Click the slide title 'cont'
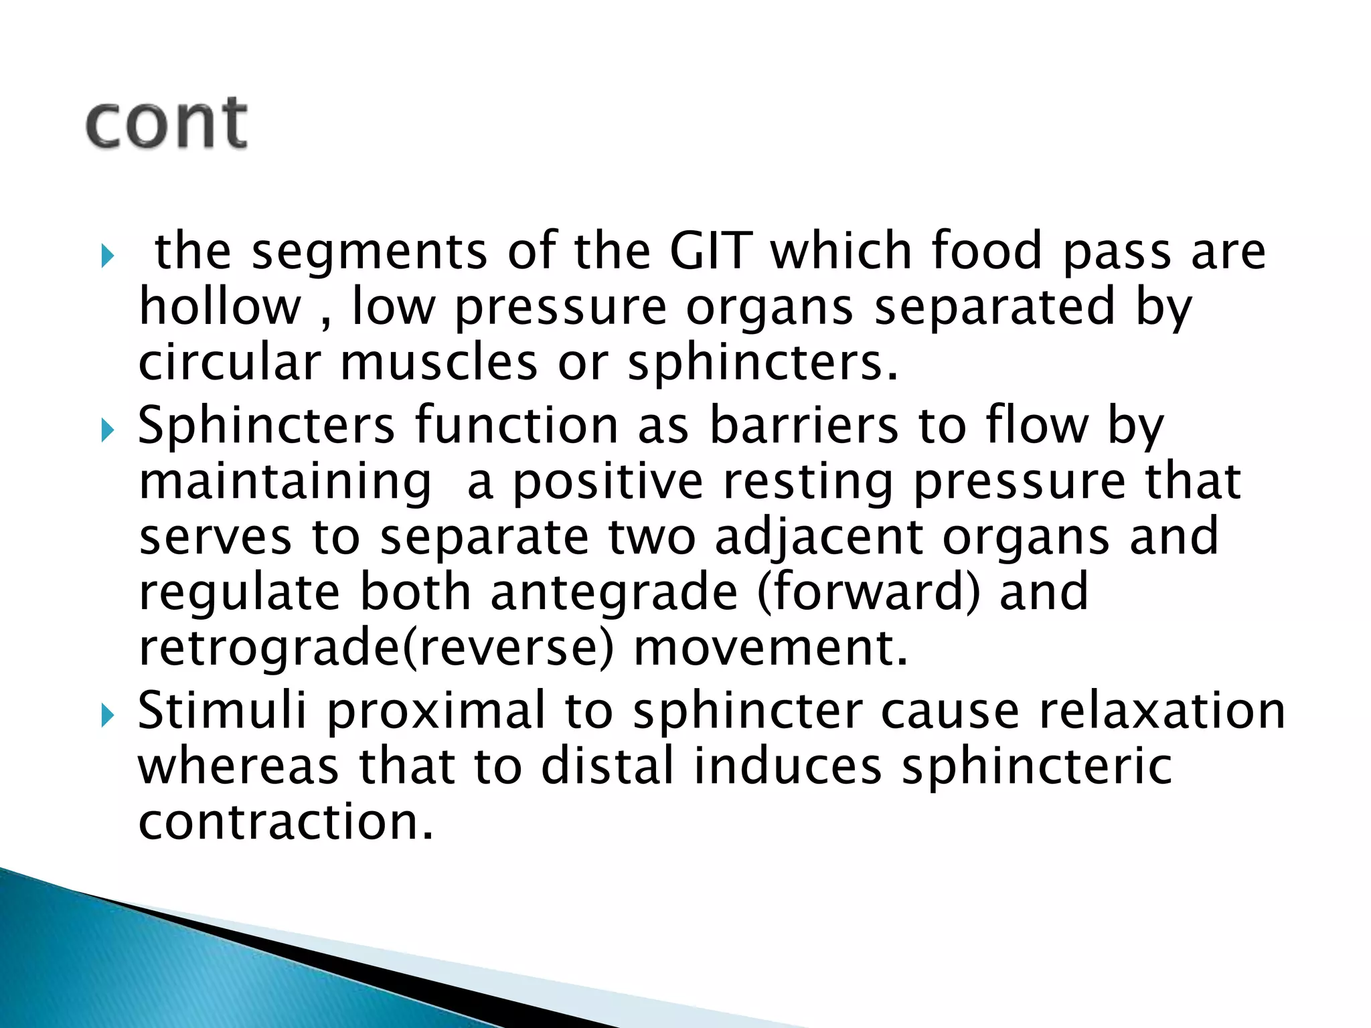tap(167, 123)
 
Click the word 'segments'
tap(369, 252)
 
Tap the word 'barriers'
tap(803, 426)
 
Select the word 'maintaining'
tap(285, 483)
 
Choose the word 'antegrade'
tap(614, 594)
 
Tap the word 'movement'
tap(770, 649)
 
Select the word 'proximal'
tap(436, 711)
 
